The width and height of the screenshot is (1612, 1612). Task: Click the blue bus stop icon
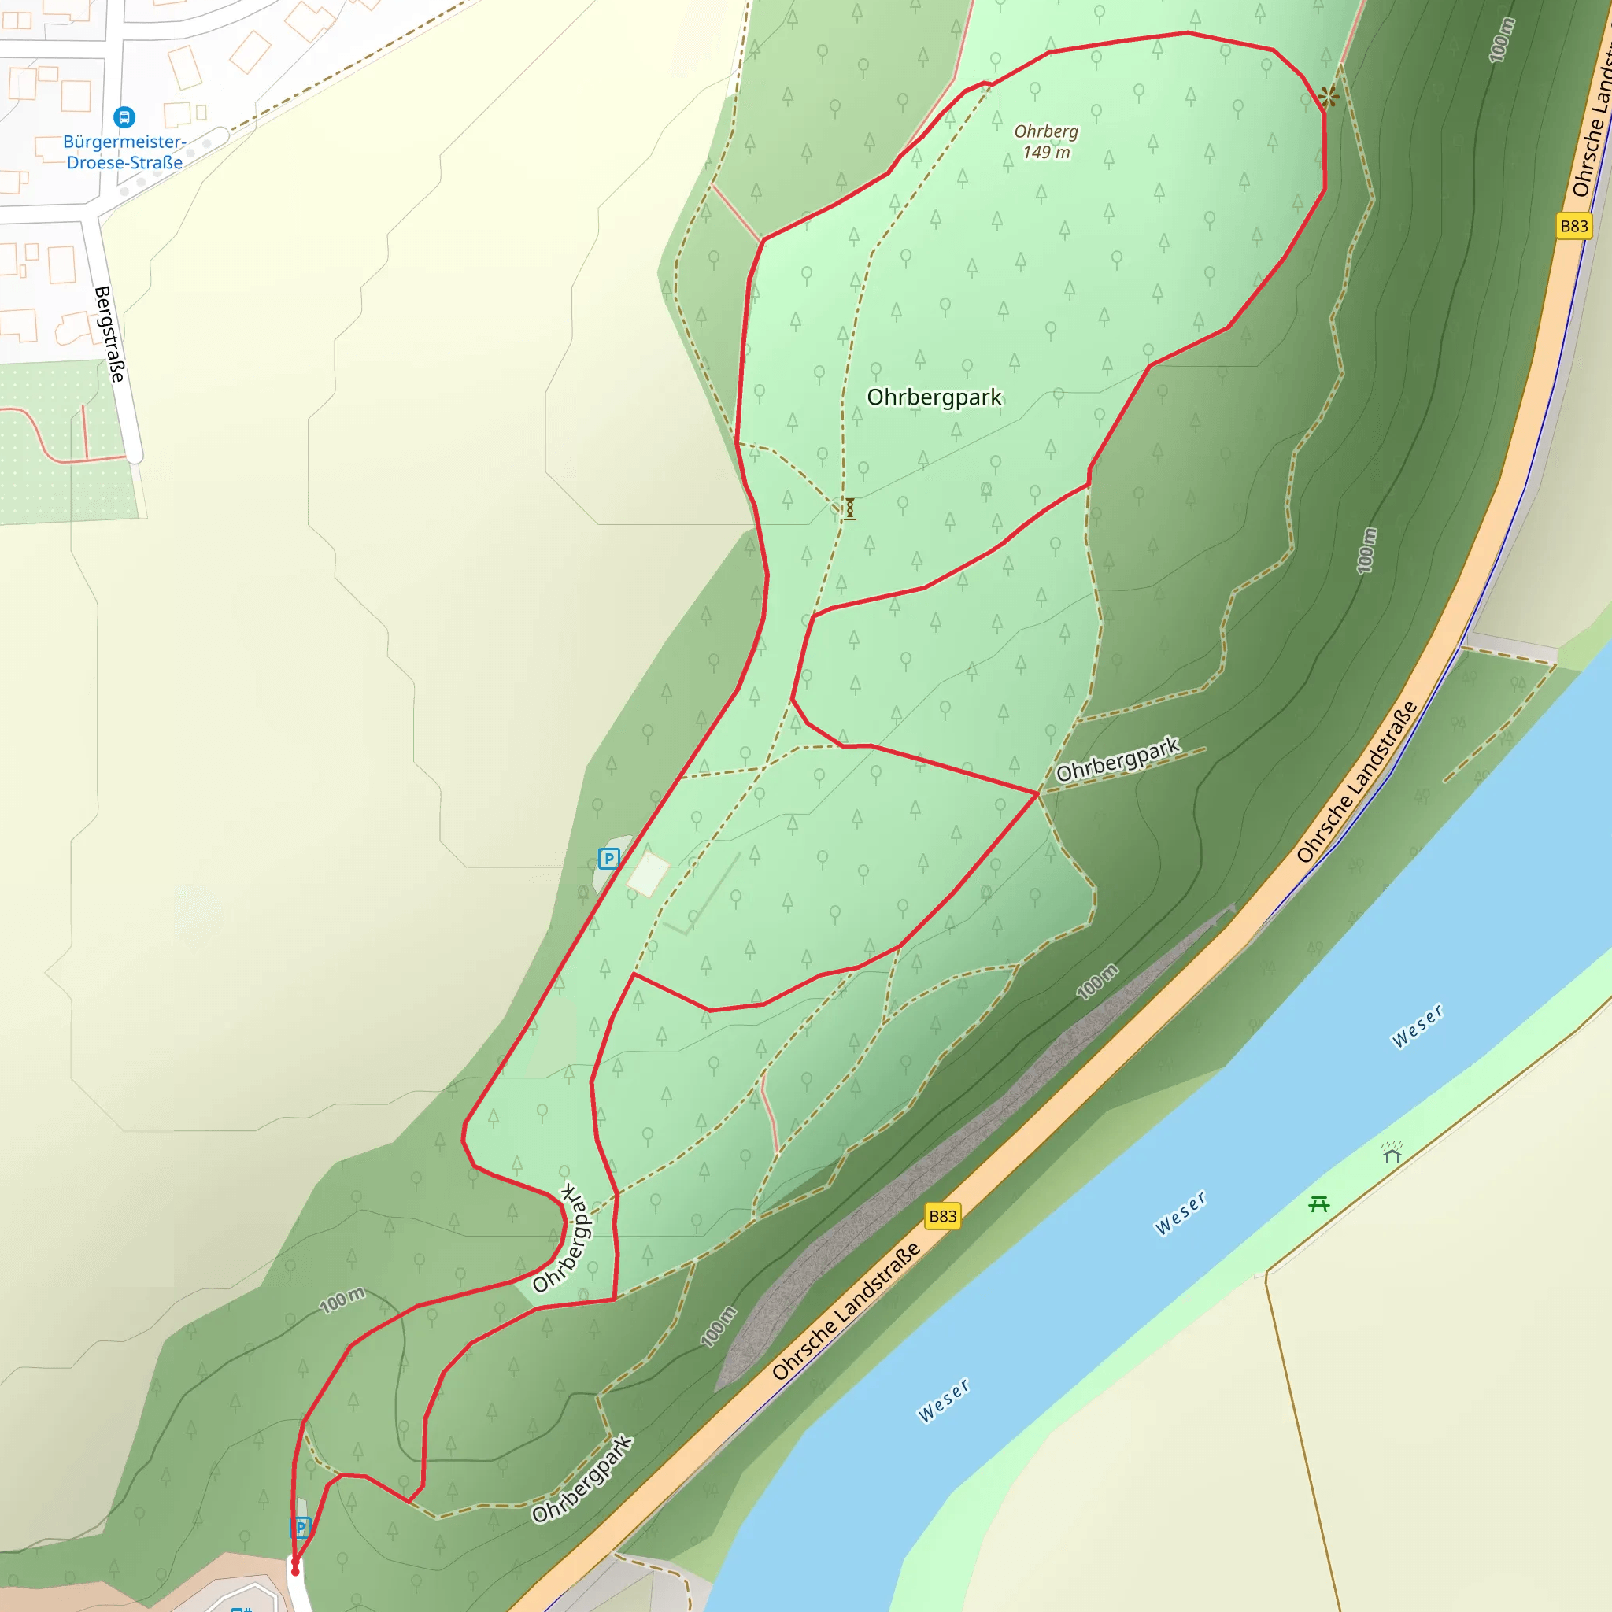pos(124,116)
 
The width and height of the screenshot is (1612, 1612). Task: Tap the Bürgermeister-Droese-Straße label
pos(124,153)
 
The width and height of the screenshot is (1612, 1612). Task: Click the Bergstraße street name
pos(109,335)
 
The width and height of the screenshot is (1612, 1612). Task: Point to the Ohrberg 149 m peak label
pos(1046,142)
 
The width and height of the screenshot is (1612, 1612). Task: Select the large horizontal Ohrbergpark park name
pos(934,397)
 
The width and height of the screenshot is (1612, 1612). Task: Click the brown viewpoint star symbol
pos(1329,97)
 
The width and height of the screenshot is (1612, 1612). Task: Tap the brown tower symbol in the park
pos(849,508)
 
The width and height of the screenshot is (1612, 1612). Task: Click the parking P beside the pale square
pos(609,858)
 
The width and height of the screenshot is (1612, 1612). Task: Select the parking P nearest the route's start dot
pos(301,1527)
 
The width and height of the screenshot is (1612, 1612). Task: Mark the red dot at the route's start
pos(294,1572)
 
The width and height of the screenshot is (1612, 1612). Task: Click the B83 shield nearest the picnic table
pos(943,1215)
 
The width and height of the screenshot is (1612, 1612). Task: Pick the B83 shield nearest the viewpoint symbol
pos(1573,226)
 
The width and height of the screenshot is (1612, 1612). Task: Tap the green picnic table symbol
pos(1319,1204)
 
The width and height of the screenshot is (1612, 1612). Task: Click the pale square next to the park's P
pos(649,874)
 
